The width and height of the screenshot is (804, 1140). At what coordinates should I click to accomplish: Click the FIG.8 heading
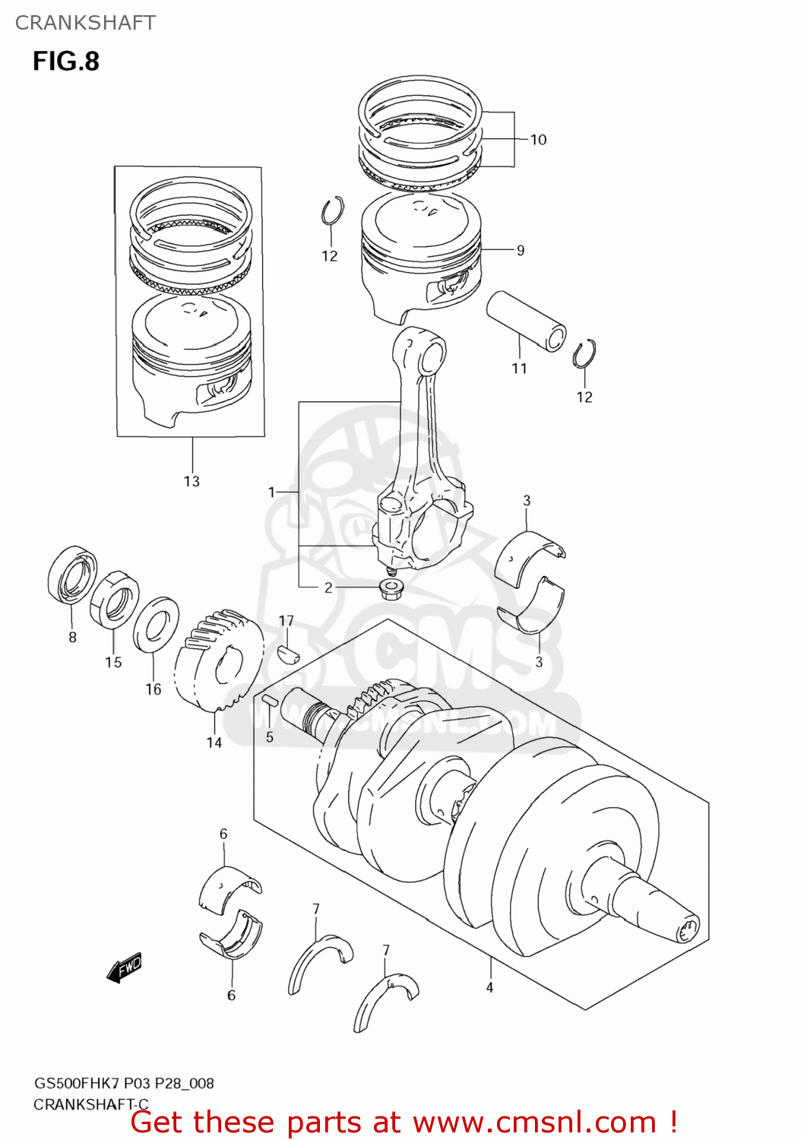click(x=66, y=61)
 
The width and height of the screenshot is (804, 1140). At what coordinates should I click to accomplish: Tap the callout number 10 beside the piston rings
click(x=538, y=140)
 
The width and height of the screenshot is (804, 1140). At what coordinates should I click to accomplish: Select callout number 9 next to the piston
click(x=521, y=250)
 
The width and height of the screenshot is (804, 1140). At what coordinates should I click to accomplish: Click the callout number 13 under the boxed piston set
click(x=192, y=481)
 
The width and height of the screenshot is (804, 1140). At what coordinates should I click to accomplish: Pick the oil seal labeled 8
click(x=72, y=575)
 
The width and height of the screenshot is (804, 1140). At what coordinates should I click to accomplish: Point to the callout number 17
click(x=286, y=621)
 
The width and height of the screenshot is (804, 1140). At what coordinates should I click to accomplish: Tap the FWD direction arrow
click(x=124, y=968)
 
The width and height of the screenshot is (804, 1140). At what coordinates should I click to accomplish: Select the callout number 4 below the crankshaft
click(x=490, y=987)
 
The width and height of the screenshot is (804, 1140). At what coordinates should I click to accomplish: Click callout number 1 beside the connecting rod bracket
click(x=271, y=492)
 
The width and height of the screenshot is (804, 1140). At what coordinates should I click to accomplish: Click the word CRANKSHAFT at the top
click(x=85, y=23)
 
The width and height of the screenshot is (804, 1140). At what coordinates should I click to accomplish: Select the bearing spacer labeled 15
click(x=115, y=597)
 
